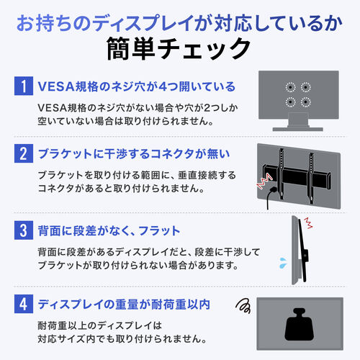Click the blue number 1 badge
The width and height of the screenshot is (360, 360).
coord(24,87)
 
